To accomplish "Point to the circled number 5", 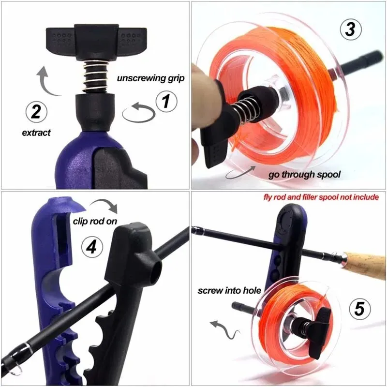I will click(x=358, y=308).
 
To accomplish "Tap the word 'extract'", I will click(x=36, y=133).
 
